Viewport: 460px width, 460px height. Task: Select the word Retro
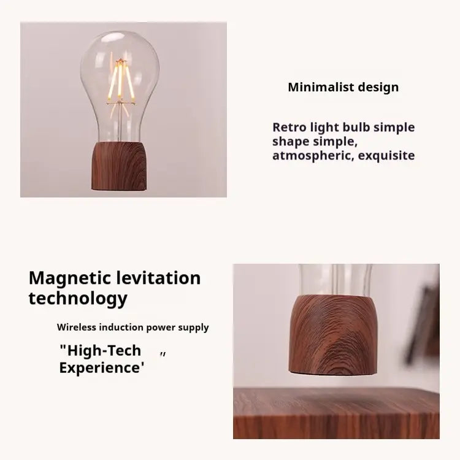pos(290,128)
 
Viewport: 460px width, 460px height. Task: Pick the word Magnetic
pos(69,278)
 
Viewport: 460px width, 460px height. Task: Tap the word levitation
pos(159,278)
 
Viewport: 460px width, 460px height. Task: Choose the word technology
pos(78,299)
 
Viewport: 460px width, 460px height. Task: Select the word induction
pos(125,328)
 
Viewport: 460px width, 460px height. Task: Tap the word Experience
pos(102,368)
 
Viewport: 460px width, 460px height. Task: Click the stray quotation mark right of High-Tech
pos(163,354)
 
